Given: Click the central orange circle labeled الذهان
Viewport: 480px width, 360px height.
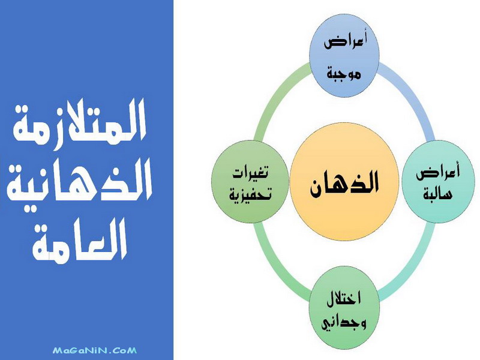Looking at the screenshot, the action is pos(344,182).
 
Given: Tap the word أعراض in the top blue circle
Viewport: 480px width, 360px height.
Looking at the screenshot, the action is pos(346,41).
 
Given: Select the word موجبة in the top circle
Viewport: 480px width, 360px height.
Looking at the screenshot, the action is pos(344,73).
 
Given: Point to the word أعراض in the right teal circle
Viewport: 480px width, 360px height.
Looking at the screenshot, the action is pos(438,172).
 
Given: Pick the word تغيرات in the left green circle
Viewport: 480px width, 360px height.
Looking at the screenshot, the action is pos(250,173).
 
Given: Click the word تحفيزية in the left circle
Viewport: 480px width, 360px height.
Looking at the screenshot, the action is pos(250,195).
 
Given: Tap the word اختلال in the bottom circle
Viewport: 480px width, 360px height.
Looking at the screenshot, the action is pos(344,298).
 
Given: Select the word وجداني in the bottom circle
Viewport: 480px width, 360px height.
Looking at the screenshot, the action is pos(344,323).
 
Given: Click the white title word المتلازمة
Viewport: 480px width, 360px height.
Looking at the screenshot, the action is pos(79,121).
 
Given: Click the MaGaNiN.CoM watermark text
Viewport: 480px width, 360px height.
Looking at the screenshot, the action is pos(95,350).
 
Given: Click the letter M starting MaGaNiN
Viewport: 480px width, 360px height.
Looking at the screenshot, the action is pos(56,350).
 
